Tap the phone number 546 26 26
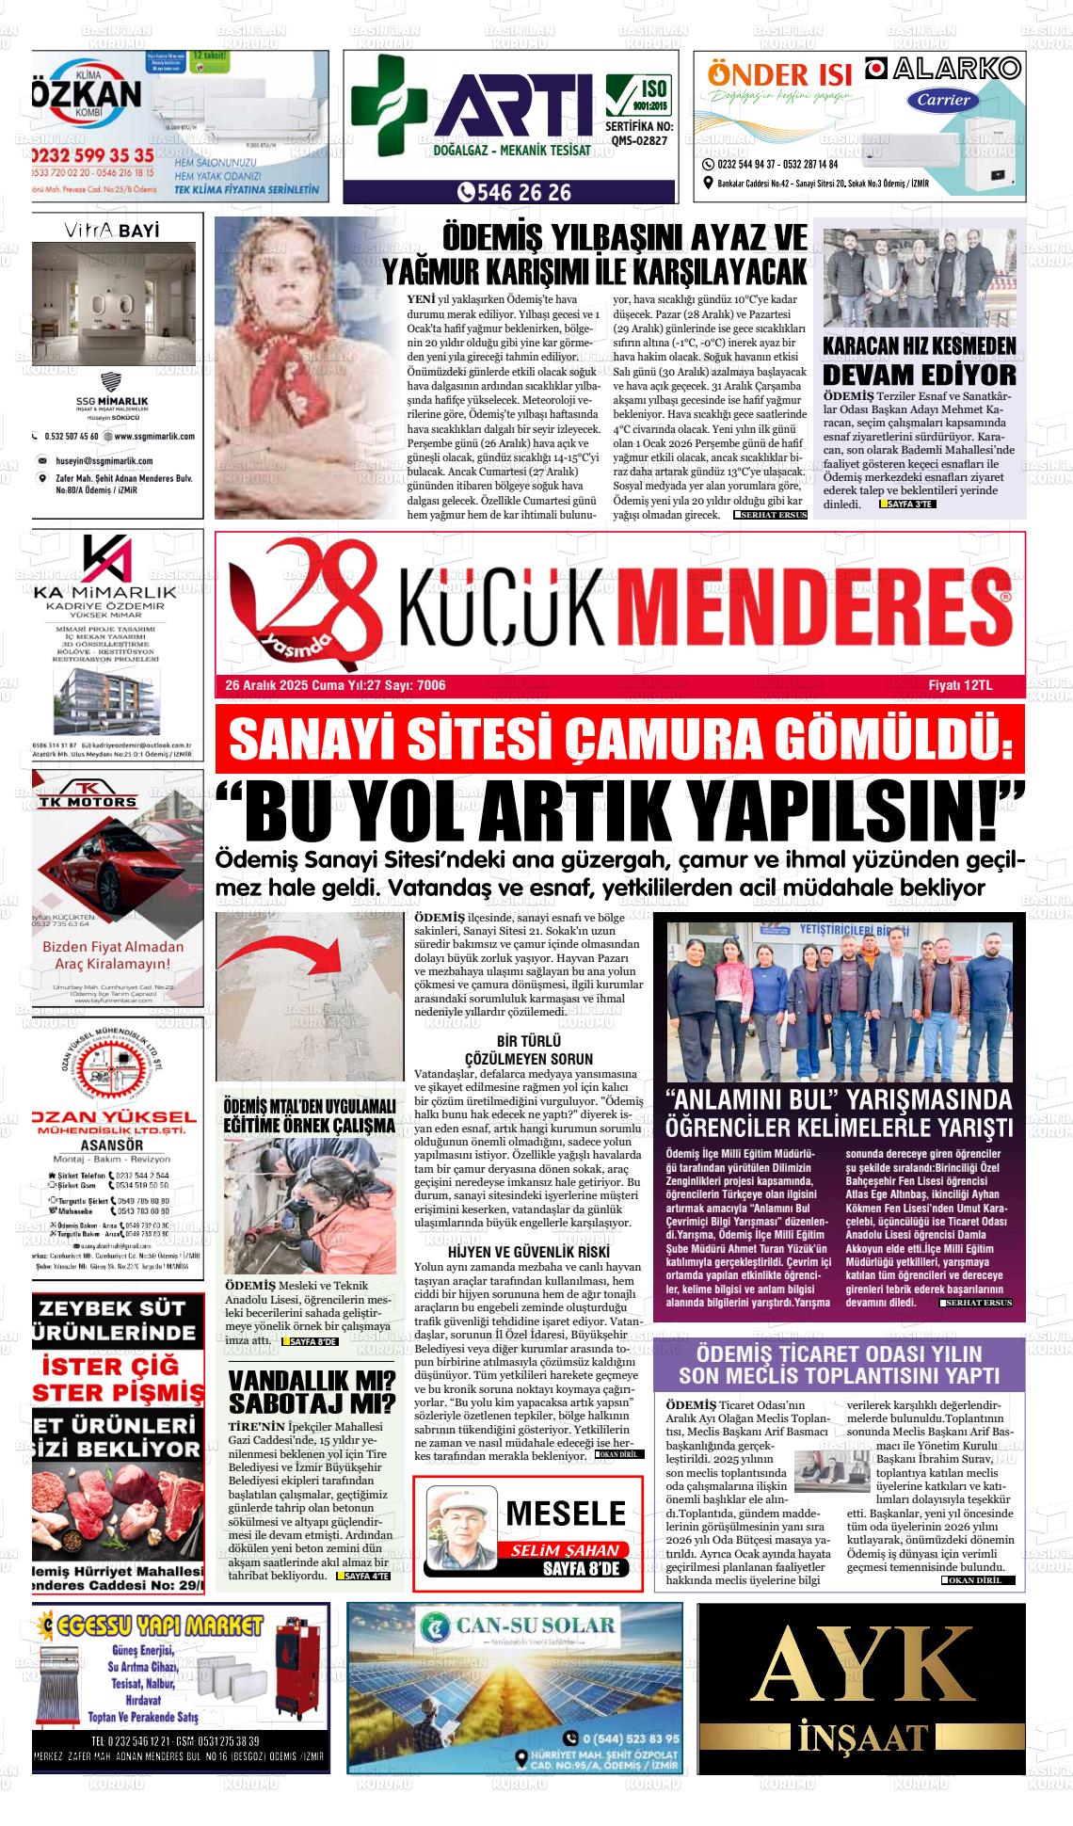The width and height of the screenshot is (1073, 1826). (x=515, y=192)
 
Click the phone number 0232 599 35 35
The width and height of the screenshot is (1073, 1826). (x=92, y=155)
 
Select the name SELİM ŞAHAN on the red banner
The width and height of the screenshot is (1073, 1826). (x=565, y=1550)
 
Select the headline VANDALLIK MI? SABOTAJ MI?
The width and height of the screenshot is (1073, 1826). (x=312, y=1393)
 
